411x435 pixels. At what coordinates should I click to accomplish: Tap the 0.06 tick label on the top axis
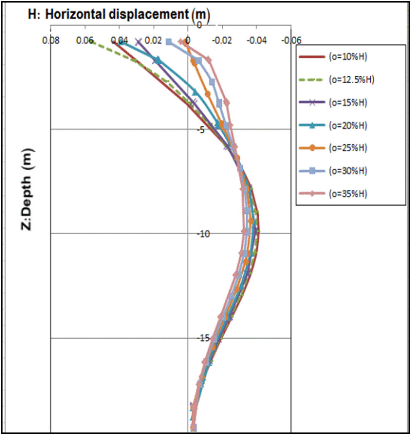pos(85,41)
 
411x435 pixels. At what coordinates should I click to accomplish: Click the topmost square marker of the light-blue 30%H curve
pos(169,42)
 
